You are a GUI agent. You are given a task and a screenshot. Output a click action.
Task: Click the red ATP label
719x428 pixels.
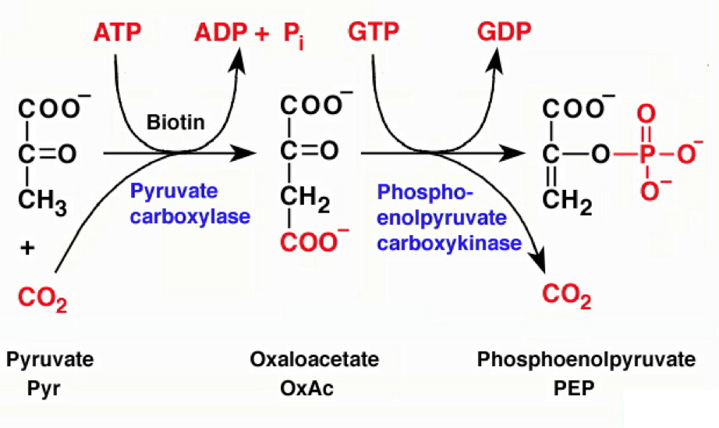pyautogui.click(x=118, y=33)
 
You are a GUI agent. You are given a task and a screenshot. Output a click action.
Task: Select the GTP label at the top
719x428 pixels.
pyautogui.click(x=374, y=33)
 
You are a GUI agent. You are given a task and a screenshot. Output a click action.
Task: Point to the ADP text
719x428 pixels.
pyautogui.click(x=219, y=33)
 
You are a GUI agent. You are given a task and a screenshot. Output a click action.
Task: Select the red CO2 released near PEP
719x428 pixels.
pyautogui.click(x=566, y=295)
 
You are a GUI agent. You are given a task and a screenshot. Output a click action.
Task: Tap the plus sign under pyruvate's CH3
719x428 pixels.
pyautogui.click(x=28, y=249)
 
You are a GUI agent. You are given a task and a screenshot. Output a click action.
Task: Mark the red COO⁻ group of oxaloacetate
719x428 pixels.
pyautogui.click(x=311, y=243)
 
